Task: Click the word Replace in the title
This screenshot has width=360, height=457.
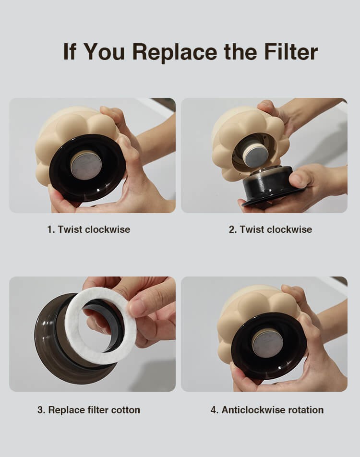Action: pyautogui.click(x=174, y=52)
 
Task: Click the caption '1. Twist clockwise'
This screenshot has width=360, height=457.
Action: pyautogui.click(x=89, y=229)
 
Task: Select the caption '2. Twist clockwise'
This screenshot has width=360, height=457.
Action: pyautogui.click(x=271, y=229)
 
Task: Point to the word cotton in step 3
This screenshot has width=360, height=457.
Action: pyautogui.click(x=126, y=410)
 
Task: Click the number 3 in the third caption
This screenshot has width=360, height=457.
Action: pyautogui.click(x=40, y=410)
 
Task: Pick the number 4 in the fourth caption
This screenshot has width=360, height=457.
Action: pyautogui.click(x=214, y=410)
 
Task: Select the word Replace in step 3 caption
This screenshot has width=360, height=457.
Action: pyautogui.click(x=66, y=410)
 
